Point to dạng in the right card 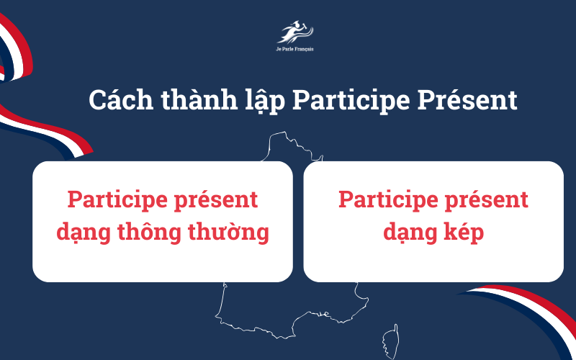(x=408, y=233)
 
